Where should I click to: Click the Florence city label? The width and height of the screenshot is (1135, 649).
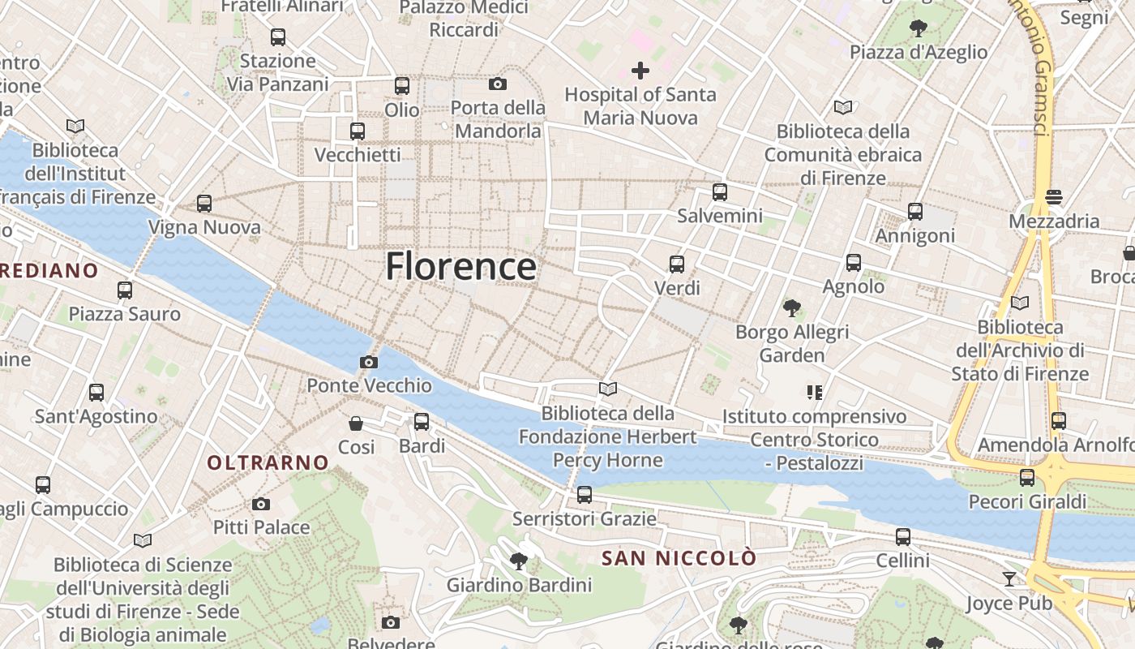click(460, 266)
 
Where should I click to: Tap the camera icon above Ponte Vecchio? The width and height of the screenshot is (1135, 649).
click(369, 362)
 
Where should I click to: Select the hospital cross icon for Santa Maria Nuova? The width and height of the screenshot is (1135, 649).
click(640, 71)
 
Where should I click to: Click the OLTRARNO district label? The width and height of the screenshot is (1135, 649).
click(268, 463)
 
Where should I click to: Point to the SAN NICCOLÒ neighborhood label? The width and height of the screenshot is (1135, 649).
click(679, 558)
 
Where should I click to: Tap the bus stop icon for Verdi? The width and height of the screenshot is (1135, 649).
click(677, 264)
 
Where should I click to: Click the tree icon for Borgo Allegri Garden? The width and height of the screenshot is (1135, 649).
click(792, 308)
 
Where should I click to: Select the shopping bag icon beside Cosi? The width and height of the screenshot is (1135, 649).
click(356, 423)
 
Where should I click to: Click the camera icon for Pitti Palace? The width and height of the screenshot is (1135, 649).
click(261, 504)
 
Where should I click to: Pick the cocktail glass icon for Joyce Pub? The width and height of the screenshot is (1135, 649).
click(1009, 578)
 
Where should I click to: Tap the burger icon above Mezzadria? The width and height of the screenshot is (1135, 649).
click(1054, 197)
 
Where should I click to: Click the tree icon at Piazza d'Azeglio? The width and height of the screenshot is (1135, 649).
click(919, 29)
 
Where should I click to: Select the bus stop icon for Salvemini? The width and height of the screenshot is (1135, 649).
click(720, 192)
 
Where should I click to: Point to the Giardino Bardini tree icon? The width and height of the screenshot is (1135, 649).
click(519, 561)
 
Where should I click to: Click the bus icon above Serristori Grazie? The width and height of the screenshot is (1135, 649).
click(585, 495)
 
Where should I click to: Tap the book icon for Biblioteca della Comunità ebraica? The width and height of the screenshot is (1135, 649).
click(843, 107)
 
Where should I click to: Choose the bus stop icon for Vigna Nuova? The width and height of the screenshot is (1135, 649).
click(204, 204)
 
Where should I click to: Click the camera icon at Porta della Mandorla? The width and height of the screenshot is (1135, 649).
click(498, 84)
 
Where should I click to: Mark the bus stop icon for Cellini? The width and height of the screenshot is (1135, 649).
click(903, 537)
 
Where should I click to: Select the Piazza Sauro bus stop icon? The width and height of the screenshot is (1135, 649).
click(125, 290)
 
